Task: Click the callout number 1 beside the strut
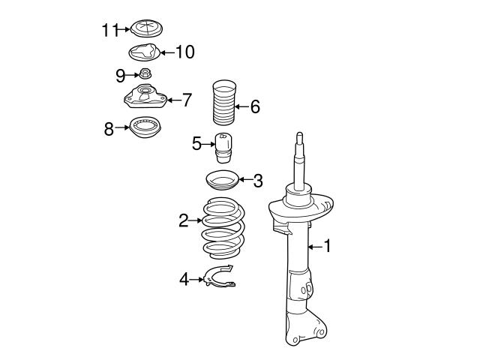point(326,245)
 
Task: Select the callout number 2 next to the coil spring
point(182,220)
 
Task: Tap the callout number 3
point(257,180)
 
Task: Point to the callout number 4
point(184,279)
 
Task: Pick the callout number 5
point(196,142)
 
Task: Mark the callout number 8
point(109,128)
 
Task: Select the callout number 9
point(120,74)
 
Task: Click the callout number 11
point(110,30)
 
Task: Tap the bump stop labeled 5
point(222,145)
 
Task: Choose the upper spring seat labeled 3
point(221,181)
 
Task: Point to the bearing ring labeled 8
point(148,128)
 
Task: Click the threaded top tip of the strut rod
point(299,138)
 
